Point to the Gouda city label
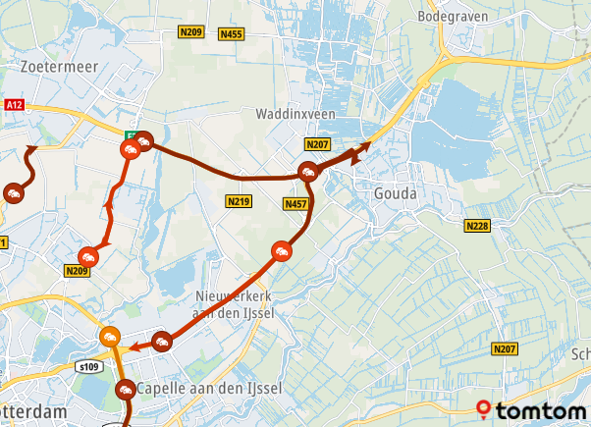click(396, 194)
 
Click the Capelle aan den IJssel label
click(210, 388)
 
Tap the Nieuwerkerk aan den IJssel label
click(233, 304)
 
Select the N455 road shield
click(231, 34)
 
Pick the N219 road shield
click(239, 201)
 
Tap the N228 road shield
click(477, 227)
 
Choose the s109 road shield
click(90, 366)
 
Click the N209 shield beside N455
click(190, 32)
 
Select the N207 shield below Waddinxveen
click(316, 144)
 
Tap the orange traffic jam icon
click(109, 337)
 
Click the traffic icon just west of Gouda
click(309, 173)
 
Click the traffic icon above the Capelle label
click(162, 342)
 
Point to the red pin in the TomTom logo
click(483, 409)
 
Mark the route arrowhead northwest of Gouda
click(366, 145)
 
